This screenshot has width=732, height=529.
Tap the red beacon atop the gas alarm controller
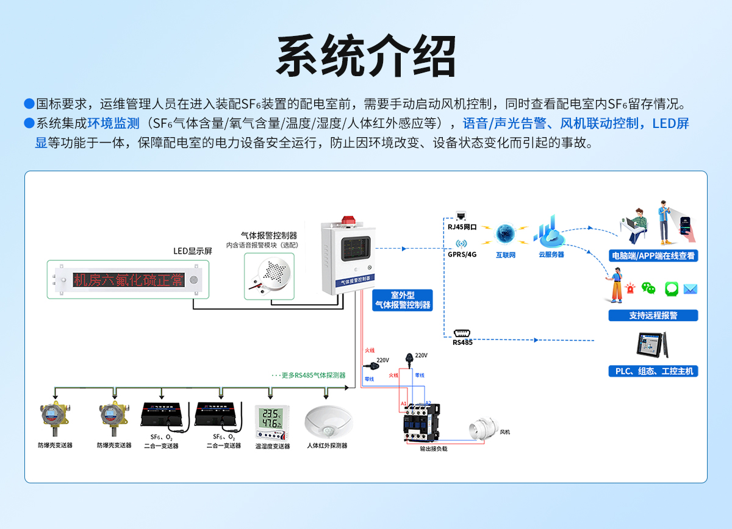(348, 219)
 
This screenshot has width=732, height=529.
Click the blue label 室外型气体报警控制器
(403, 300)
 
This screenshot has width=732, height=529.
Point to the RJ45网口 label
(462, 226)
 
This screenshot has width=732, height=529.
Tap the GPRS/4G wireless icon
(461, 244)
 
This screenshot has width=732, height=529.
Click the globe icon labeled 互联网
(505, 235)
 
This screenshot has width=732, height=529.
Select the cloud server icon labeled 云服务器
(550, 232)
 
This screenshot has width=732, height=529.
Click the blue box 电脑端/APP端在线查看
(653, 255)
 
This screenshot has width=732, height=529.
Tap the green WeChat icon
(649, 289)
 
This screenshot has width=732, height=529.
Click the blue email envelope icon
(690, 289)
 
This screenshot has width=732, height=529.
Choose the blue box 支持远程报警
(653, 315)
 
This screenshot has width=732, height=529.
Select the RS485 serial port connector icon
(462, 333)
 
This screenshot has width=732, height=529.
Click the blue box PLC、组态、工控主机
(653, 371)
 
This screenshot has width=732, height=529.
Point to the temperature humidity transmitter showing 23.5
(271, 421)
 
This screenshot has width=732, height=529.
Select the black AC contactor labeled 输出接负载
(421, 422)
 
